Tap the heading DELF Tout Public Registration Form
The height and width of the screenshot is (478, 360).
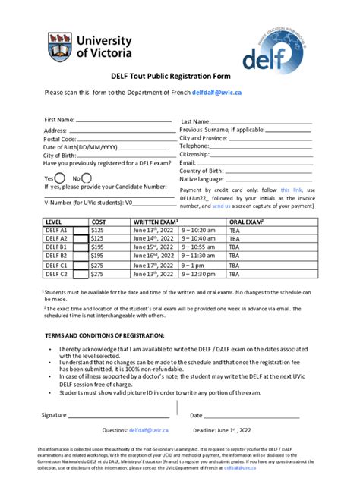coord(179,77)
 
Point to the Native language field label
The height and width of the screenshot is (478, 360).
coord(204,179)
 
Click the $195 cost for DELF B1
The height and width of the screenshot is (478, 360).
coord(98,247)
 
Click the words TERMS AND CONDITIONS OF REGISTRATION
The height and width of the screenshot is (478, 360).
coord(103,335)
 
